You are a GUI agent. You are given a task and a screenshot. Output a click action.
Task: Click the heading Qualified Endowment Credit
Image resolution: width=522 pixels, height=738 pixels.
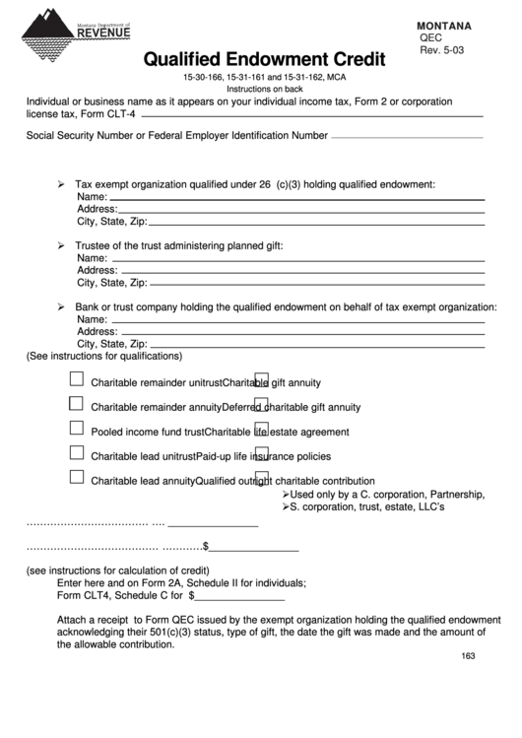264,60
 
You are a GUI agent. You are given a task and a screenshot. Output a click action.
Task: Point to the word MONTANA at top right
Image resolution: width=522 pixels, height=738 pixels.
443,25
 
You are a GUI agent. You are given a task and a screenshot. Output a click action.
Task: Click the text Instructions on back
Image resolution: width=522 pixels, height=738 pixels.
262,88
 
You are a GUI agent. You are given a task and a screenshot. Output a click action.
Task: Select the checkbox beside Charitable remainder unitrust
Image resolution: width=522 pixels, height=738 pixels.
76,379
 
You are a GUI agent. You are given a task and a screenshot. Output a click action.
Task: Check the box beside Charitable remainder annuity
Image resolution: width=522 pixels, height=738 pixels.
76,403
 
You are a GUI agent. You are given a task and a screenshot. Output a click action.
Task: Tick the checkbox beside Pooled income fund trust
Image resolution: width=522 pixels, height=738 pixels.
76,428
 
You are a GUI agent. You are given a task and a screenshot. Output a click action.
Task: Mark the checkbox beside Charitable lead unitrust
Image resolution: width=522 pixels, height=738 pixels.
76,452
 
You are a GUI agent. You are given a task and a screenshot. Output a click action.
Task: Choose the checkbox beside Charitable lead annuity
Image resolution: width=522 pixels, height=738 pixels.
76,477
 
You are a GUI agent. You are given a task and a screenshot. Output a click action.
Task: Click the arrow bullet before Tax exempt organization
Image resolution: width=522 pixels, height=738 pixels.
61,184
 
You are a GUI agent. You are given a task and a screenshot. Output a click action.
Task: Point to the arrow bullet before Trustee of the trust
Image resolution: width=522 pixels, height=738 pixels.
61,245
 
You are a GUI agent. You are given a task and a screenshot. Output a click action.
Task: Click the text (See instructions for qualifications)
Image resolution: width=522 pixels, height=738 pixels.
104,356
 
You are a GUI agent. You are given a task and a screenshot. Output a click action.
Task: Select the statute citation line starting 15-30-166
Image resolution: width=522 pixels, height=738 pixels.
264,76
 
